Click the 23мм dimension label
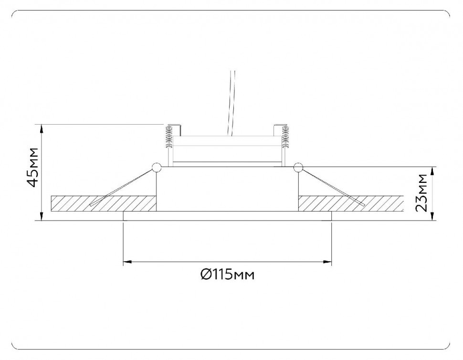click(421, 193)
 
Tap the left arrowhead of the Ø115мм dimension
click(126, 262)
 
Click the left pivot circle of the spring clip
click(156, 167)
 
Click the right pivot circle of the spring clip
click(298, 167)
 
